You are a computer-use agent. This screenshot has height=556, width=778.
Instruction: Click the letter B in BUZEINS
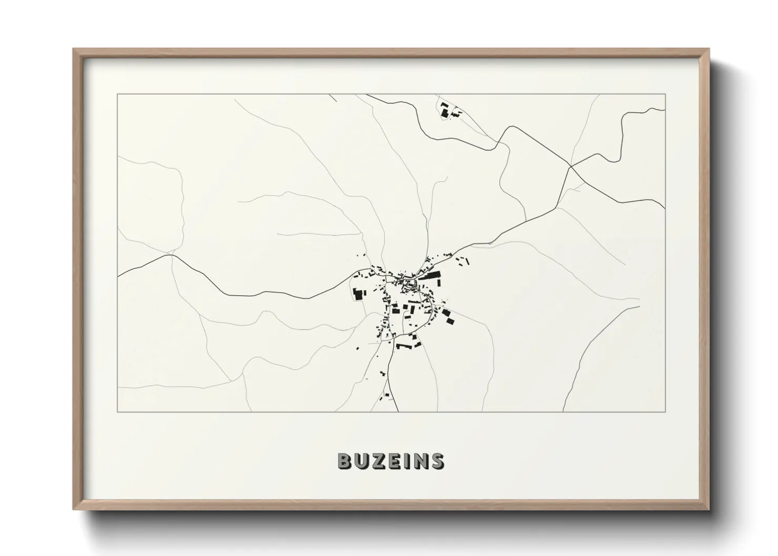344,461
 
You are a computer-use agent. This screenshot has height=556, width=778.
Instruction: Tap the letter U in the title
361,461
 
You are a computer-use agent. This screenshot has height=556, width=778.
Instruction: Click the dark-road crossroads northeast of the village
570,167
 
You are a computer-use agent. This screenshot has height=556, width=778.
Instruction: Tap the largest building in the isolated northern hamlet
444,112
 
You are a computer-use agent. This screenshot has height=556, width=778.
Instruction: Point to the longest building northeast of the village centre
430,275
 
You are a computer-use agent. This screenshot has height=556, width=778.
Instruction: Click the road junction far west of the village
171,256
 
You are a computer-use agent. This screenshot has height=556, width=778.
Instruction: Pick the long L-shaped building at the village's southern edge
405,346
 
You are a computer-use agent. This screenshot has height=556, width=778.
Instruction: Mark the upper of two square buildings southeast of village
445,313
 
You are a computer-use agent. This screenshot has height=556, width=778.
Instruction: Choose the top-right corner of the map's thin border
666,94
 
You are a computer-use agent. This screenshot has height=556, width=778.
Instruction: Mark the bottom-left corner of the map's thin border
117,411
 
